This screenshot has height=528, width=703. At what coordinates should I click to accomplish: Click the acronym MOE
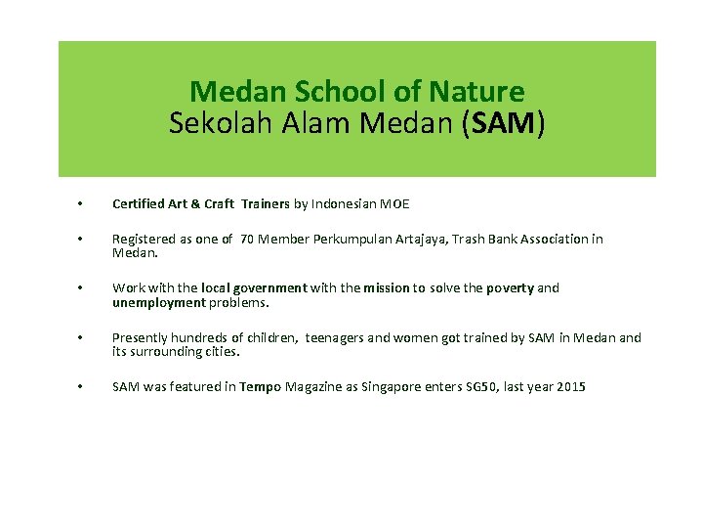point(393,204)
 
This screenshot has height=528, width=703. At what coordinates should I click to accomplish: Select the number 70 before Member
point(249,239)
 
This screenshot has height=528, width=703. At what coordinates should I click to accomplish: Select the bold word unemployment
point(159,302)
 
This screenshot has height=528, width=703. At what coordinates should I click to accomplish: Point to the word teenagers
point(335,338)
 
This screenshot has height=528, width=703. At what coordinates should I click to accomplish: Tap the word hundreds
point(200,338)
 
